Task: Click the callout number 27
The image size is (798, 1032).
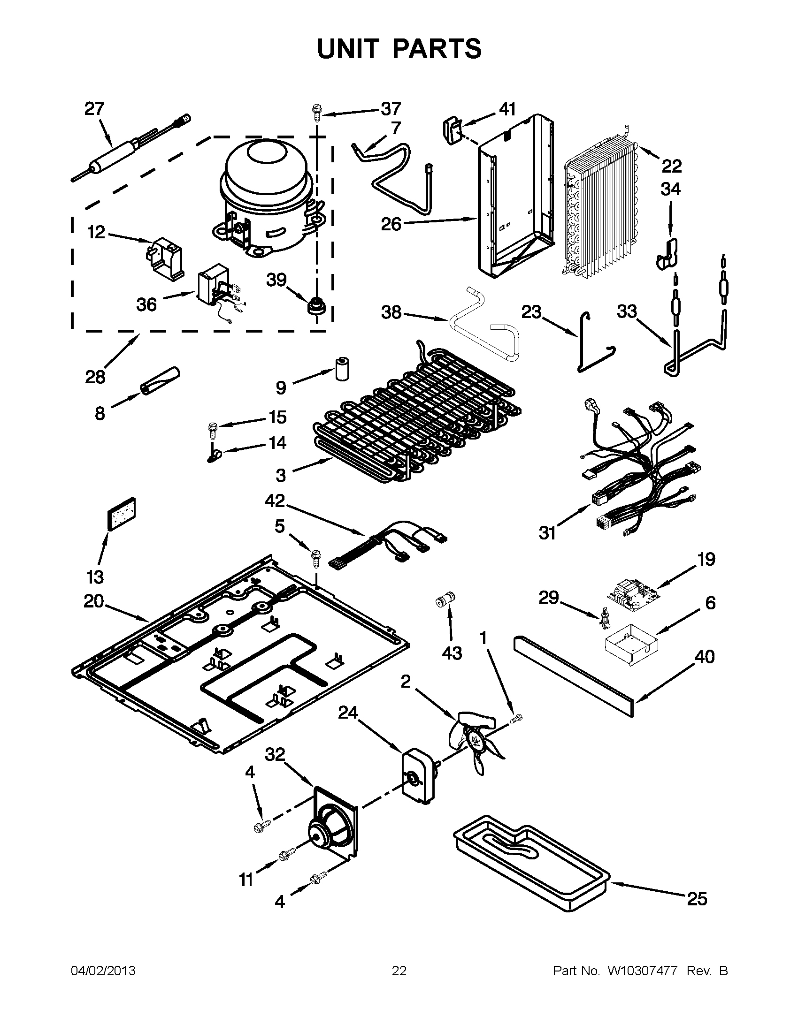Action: (x=94, y=109)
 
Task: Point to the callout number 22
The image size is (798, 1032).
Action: (x=671, y=166)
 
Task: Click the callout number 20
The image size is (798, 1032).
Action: (x=94, y=601)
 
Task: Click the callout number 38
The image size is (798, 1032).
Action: (x=391, y=312)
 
